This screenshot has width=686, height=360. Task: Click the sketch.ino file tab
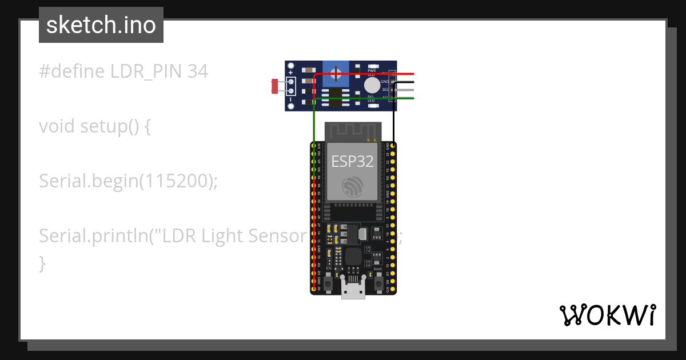coord(101,25)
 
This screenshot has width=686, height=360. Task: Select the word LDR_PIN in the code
coord(146,71)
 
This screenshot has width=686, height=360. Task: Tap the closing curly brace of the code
coord(42,263)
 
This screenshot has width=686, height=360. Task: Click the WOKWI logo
coord(607,315)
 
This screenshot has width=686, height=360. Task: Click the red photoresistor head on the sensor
coord(275,86)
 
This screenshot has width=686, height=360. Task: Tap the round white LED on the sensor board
coord(372,85)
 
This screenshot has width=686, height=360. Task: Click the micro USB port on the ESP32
coord(353,287)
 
